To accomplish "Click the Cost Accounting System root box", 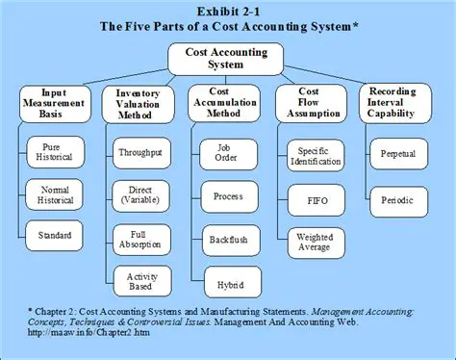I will [x=227, y=60].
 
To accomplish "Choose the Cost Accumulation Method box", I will [x=227, y=103].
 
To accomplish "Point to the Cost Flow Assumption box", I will [x=316, y=103].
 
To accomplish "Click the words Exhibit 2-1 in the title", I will [x=228, y=12].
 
